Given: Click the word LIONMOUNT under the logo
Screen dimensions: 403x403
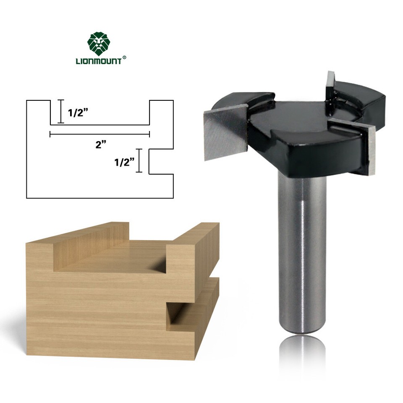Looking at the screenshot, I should tap(98, 61).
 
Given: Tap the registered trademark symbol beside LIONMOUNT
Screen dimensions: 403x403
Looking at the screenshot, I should tap(124, 59).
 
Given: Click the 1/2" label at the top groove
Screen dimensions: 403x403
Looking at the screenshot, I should tap(78, 113).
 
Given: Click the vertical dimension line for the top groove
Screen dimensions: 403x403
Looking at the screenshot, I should tap(61, 111).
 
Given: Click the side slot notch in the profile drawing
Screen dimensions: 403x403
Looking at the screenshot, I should tap(162, 161).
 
